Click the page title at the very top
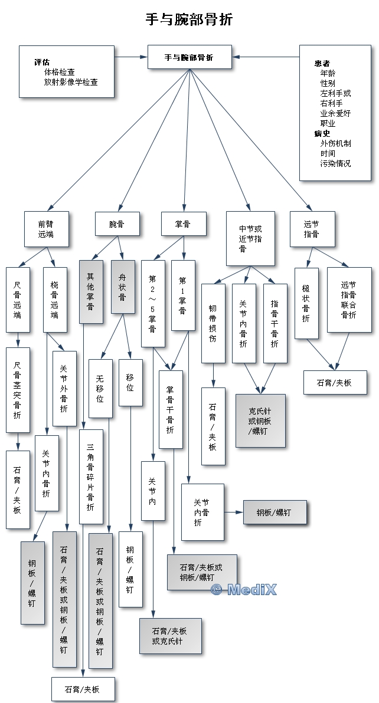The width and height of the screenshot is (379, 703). pyautogui.click(x=189, y=20)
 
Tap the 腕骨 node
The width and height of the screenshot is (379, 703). pyautogui.click(x=117, y=224)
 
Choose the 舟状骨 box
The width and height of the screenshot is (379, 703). pyautogui.click(x=123, y=287)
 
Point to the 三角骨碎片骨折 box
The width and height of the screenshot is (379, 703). pyautogui.click(x=91, y=476)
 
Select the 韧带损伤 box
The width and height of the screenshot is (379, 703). pyautogui.click(x=213, y=323)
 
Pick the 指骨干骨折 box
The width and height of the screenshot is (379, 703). pyautogui.click(x=275, y=323)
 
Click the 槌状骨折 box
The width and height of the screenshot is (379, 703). pyautogui.click(x=306, y=303)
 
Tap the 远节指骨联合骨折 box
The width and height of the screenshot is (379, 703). pyautogui.click(x=349, y=300)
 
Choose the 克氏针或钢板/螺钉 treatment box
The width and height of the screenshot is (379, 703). pyautogui.click(x=260, y=421)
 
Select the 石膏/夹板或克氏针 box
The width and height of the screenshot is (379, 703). pyautogui.click(x=171, y=636)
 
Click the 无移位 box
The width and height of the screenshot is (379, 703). pyautogui.click(x=100, y=388)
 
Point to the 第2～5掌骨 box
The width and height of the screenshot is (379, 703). pyautogui.click(x=153, y=303)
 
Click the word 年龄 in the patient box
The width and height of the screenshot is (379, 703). pyautogui.click(x=328, y=74)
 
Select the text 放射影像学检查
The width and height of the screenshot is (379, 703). pyautogui.click(x=71, y=82)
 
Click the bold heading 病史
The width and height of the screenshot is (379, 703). pyautogui.click(x=322, y=133)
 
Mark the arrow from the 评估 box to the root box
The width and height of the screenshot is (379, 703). pyautogui.click(x=130, y=57)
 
